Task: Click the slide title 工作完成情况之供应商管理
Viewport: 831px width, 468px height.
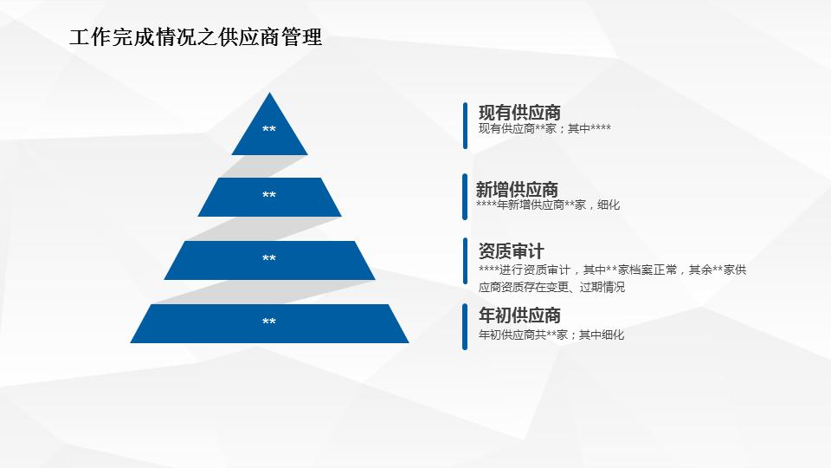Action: [196, 38]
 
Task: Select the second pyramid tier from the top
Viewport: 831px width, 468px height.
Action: [269, 198]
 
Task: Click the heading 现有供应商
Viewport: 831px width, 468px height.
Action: [519, 112]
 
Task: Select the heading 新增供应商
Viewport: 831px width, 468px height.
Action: [517, 189]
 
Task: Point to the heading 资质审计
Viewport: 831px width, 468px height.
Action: [511, 251]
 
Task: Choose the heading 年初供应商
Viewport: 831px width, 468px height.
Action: [519, 315]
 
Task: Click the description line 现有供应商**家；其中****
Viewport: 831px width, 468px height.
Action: [544, 129]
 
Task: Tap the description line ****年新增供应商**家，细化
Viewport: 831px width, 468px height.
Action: [547, 205]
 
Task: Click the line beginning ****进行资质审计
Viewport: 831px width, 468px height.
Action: [612, 270]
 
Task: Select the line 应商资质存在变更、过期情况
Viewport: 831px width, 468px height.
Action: [551, 288]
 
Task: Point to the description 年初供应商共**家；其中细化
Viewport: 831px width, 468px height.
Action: [551, 335]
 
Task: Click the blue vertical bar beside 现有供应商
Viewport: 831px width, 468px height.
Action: [465, 125]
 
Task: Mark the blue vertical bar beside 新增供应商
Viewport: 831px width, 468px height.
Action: [465, 197]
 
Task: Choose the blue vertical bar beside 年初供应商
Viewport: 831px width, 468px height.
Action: [465, 327]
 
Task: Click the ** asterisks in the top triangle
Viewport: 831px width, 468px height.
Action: [269, 130]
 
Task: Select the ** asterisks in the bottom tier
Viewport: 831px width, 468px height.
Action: [269, 322]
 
